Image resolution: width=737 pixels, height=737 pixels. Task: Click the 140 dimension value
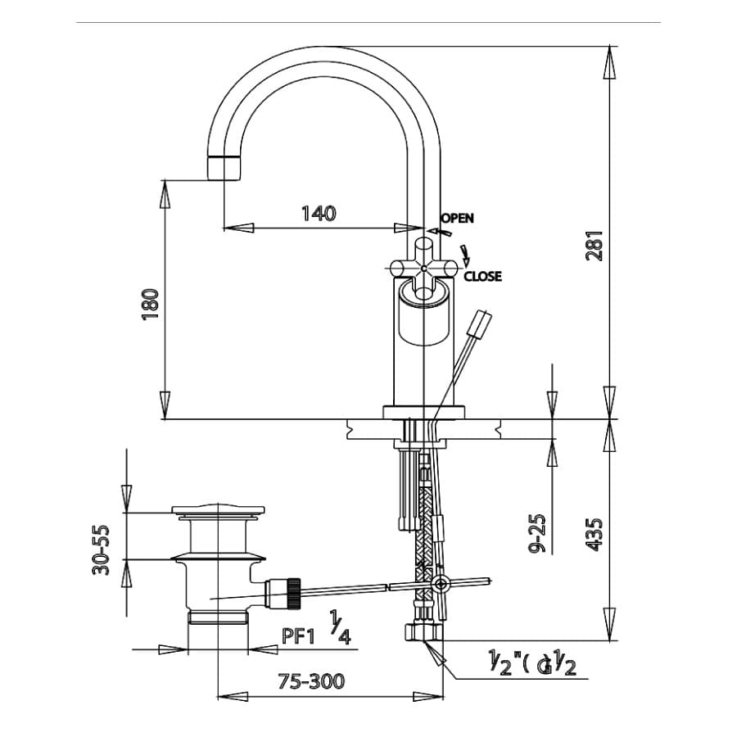[x=319, y=214]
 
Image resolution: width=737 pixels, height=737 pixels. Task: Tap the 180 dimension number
[x=150, y=304]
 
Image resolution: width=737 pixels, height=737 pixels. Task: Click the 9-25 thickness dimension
[x=536, y=533]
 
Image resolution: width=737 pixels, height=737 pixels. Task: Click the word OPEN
[x=457, y=218]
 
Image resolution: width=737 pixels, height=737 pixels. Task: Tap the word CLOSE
[x=482, y=277]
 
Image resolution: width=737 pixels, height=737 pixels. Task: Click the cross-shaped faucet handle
[x=424, y=268]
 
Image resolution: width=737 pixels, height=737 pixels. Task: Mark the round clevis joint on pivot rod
[x=441, y=584]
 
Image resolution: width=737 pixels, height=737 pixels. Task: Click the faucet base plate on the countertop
[x=424, y=411]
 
